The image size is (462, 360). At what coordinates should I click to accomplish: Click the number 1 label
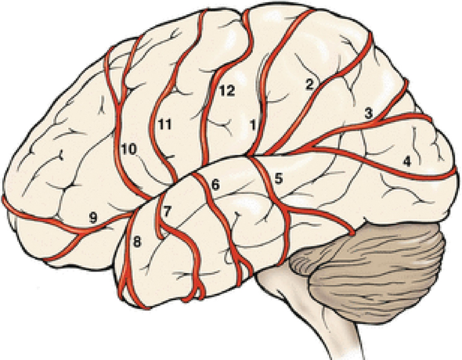pyautogui.click(x=253, y=125)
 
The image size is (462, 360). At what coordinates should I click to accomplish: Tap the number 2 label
pyautogui.click(x=310, y=84)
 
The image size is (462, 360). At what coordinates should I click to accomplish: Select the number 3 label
pyautogui.click(x=368, y=114)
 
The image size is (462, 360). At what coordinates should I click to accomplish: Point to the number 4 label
pyautogui.click(x=406, y=161)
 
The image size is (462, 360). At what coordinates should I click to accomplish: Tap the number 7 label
pyautogui.click(x=168, y=210)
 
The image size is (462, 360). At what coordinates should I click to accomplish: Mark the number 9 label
pyautogui.click(x=93, y=216)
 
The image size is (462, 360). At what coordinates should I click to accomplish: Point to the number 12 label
pyautogui.click(x=226, y=92)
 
